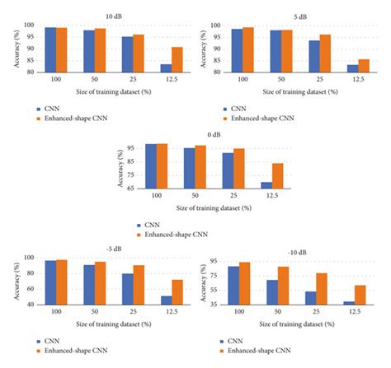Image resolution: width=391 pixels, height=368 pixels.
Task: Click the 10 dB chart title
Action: click(110, 16)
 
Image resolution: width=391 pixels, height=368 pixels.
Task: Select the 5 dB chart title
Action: click(296, 16)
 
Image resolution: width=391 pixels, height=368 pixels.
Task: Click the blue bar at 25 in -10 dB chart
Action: click(310, 298)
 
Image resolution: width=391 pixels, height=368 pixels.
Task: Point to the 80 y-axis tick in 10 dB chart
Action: click(28, 72)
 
